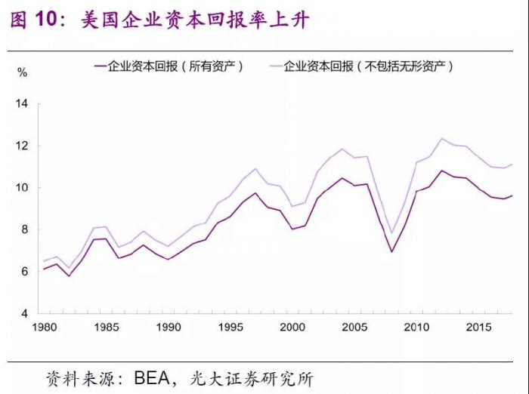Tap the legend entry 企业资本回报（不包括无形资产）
367,66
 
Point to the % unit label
23,73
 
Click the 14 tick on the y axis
22,103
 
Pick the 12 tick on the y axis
22,146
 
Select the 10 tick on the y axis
22,188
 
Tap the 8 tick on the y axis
24,229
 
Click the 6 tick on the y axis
24,272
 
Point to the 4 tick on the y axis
24,313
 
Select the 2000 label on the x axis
290,328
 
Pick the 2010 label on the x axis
414,328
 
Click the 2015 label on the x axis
475,328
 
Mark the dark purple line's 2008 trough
391,251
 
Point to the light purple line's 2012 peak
441,139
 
